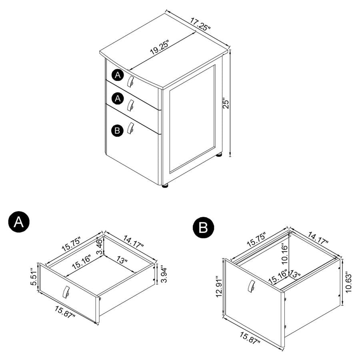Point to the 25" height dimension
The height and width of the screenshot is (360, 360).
(x=226, y=104)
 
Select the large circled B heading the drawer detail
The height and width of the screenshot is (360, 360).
(x=204, y=228)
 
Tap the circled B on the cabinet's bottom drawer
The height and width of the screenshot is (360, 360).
(x=117, y=130)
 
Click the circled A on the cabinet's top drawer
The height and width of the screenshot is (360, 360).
(x=117, y=75)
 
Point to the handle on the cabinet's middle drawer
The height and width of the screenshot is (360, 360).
(x=130, y=105)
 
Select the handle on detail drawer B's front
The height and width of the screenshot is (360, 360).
(x=251, y=285)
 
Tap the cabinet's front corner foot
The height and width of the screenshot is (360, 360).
(x=165, y=186)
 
